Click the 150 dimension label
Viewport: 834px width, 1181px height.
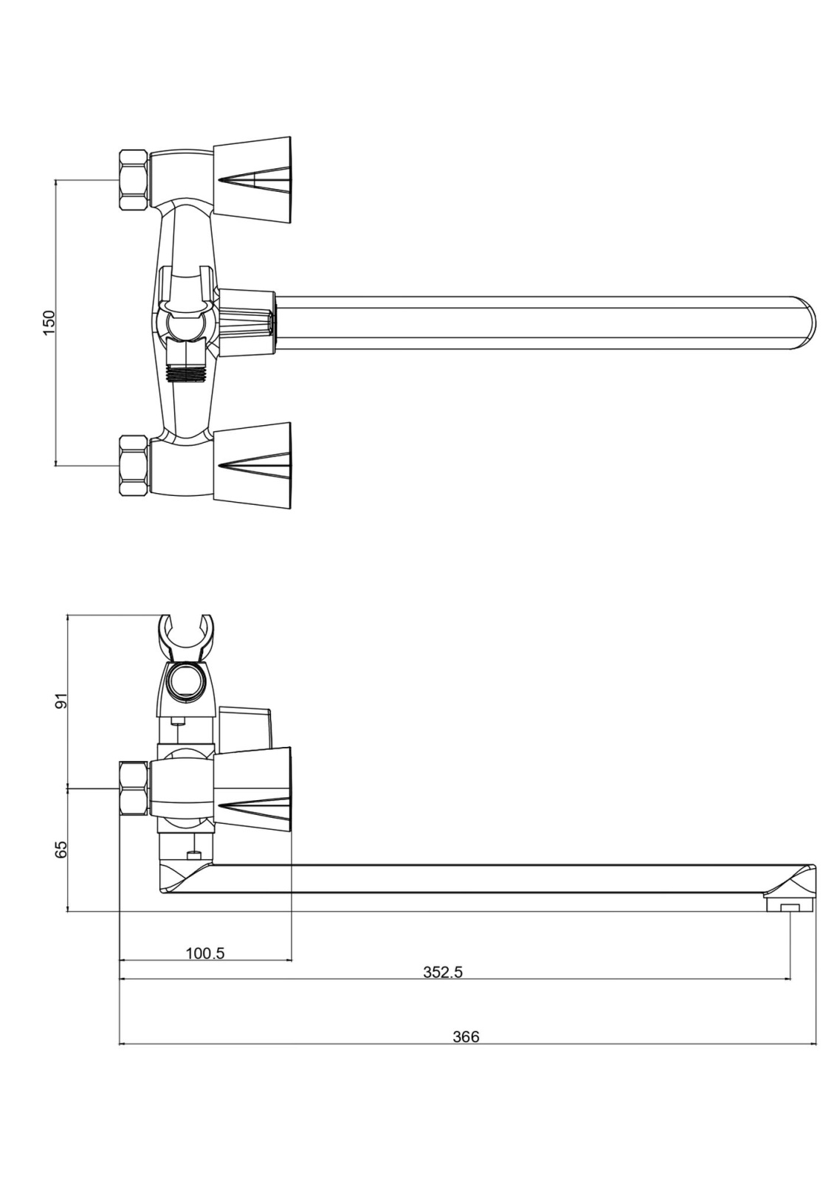49,323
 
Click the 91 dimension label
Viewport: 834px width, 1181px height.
62,700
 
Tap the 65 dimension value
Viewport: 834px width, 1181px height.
62,850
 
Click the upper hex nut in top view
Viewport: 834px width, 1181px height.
134,180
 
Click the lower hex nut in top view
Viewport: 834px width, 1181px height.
134,465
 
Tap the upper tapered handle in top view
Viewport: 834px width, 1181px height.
252,180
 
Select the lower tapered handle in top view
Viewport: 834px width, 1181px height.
252,466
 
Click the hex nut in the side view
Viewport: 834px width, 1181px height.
134,788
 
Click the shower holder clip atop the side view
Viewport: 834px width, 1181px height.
186,637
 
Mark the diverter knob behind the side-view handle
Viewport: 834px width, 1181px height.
246,728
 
